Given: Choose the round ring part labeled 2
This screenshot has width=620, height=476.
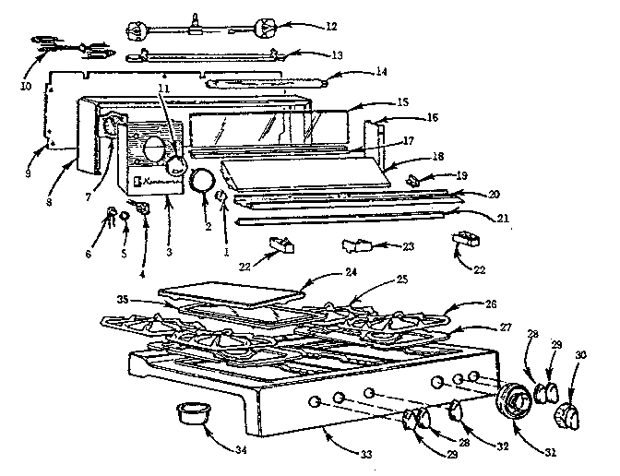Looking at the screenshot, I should coord(201,181).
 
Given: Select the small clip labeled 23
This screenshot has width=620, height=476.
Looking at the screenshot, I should coord(354,246).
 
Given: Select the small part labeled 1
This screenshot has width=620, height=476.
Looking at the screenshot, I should coord(222,197).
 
